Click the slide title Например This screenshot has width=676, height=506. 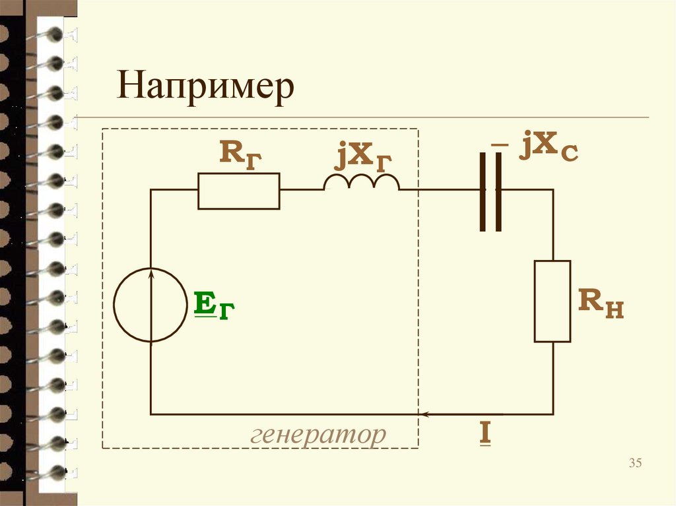coord(205,88)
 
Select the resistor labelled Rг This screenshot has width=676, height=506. coord(238,191)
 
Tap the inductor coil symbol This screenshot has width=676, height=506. coord(361,183)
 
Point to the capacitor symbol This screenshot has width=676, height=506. coord(490,191)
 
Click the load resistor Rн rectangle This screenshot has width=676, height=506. coord(553,301)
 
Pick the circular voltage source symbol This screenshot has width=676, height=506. coord(151,305)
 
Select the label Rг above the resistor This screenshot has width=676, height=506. coord(240,154)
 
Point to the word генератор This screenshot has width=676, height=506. coord(318,434)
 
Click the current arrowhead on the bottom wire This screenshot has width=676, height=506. coord(426,414)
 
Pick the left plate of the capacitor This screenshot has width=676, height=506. coord(483,191)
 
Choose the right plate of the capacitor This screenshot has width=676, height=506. coord(498,191)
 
